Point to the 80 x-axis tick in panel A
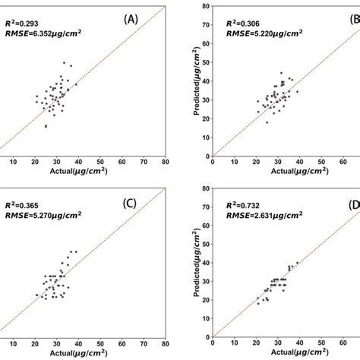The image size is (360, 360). coord(165,162)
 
